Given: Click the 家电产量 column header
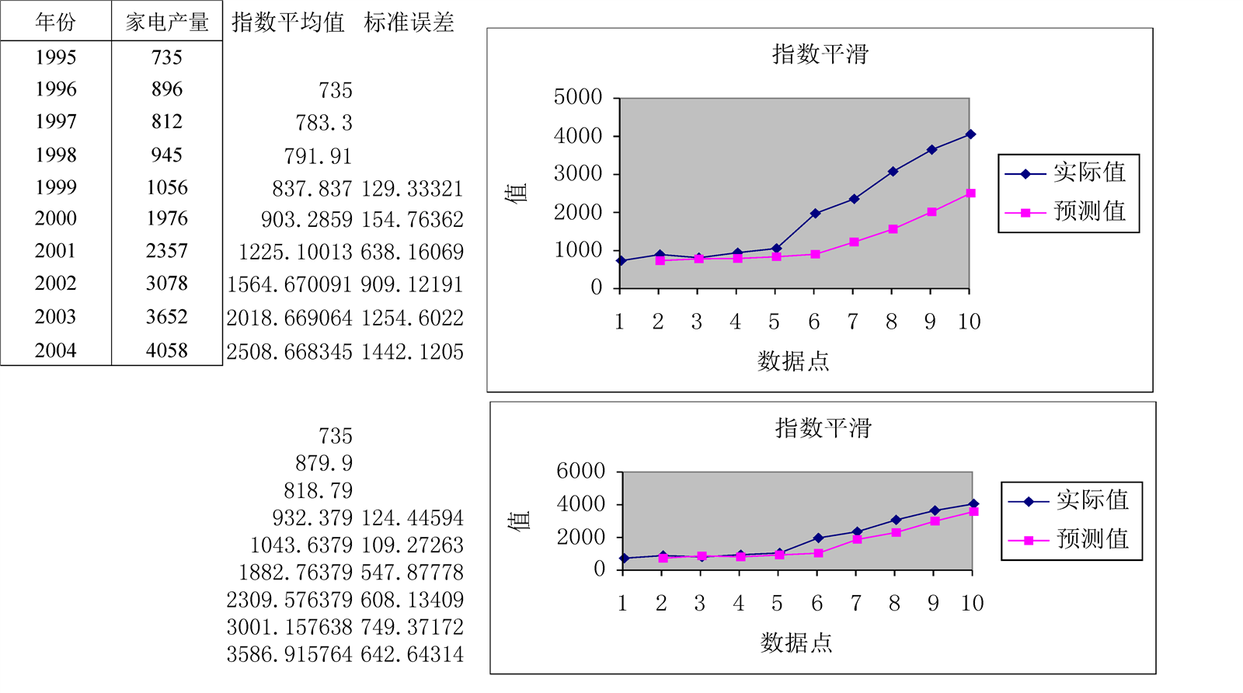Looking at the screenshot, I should click(x=167, y=22).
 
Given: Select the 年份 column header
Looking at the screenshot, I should click(x=55, y=22).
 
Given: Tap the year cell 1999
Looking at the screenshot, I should click(x=55, y=187).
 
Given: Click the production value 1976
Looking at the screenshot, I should click(x=167, y=218).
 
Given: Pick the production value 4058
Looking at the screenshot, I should click(x=167, y=350).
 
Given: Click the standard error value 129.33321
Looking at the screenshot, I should click(x=412, y=189).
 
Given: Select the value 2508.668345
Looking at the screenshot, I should click(x=289, y=352).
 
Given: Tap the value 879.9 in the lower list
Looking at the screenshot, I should click(x=323, y=464).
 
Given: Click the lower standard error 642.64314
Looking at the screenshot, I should click(x=412, y=654).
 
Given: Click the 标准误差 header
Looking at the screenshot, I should click(x=409, y=23).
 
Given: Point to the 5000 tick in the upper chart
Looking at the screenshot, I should click(x=578, y=97).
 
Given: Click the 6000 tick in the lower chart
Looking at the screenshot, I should click(x=580, y=471).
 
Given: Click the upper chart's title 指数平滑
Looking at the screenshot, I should click(x=820, y=54).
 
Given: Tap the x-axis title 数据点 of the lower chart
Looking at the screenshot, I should click(x=796, y=643).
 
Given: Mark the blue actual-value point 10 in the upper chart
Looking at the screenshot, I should click(x=970, y=134).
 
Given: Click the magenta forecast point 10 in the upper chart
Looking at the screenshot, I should click(x=970, y=193).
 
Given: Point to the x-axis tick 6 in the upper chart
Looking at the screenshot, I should click(x=813, y=322).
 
